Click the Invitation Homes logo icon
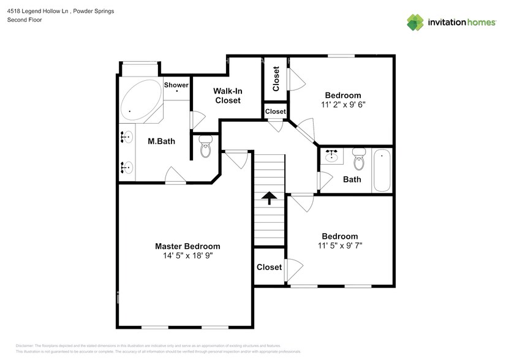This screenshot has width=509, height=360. coord(416,23)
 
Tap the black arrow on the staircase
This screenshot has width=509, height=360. coord(268,197)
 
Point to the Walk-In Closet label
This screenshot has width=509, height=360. coord(227,96)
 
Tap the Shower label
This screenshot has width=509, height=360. coord(176,85)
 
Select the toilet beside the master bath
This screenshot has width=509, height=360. coord(205,148)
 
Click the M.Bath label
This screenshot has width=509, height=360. coord(162,141)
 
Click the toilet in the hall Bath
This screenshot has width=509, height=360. coord(359,160)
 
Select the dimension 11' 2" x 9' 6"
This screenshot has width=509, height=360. coord(343,105)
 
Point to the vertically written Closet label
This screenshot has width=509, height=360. coord(276,79)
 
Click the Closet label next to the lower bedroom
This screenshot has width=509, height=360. coord(269,267)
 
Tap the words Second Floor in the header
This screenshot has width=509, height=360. coord(25,20)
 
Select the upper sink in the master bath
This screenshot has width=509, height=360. coord(127,137)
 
